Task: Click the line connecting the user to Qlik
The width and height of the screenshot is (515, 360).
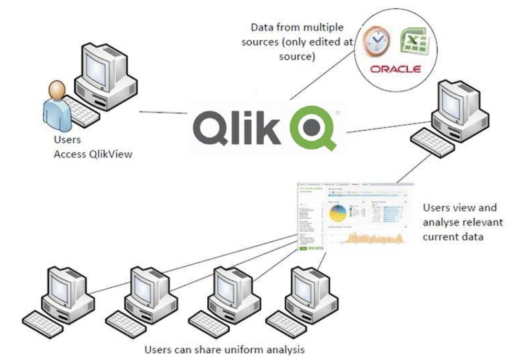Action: tap(163, 112)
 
